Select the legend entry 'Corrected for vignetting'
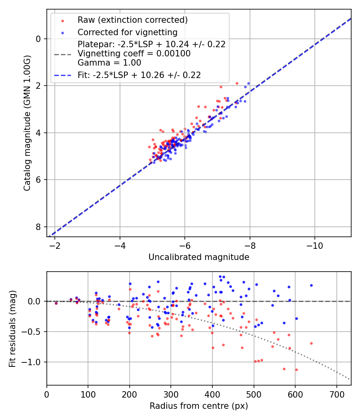click(x=127, y=32)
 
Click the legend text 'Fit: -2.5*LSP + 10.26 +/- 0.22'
click(x=139, y=75)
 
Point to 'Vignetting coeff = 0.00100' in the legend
click(x=134, y=54)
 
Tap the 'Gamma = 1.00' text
click(x=109, y=62)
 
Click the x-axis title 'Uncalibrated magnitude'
click(x=199, y=257)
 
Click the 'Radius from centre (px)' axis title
click(x=199, y=406)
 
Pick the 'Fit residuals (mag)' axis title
click(x=12, y=328)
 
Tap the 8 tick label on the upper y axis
click(x=39, y=226)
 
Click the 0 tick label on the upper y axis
click(x=39, y=39)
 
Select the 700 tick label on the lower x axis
click(x=336, y=394)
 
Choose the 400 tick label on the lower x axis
click(x=212, y=394)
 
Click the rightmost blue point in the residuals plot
click(x=311, y=285)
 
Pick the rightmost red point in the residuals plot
click(x=311, y=343)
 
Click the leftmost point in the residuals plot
click(x=56, y=303)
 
